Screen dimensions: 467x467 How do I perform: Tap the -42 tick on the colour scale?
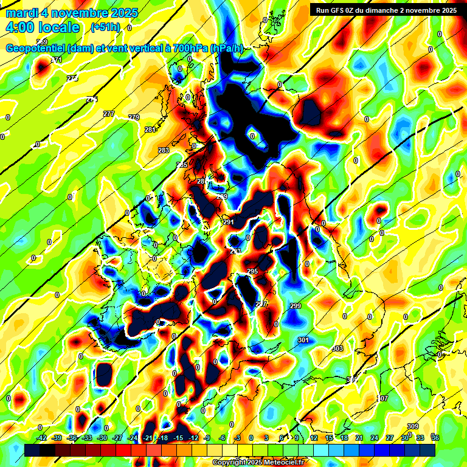coord(41,438)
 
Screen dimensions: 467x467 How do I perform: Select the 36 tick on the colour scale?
coord(435,438)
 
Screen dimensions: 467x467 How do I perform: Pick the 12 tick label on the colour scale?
coord(313,438)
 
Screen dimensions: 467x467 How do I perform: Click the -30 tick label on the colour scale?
coord(102,438)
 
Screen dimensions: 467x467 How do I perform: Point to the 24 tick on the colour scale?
coord(374,438)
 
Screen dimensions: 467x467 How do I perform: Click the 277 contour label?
coord(109,114)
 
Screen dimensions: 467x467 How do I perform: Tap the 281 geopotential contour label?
coord(151,130)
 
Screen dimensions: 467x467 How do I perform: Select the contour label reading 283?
coord(164,150)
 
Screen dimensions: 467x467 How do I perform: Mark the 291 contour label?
coord(229,223)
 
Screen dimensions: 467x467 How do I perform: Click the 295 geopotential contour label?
coord(252,271)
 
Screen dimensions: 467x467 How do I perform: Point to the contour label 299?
coord(296,306)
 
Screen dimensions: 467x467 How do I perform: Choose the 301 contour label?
coord(304,341)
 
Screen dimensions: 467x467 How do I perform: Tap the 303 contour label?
coord(338,348)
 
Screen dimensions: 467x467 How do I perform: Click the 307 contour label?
coord(382,398)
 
